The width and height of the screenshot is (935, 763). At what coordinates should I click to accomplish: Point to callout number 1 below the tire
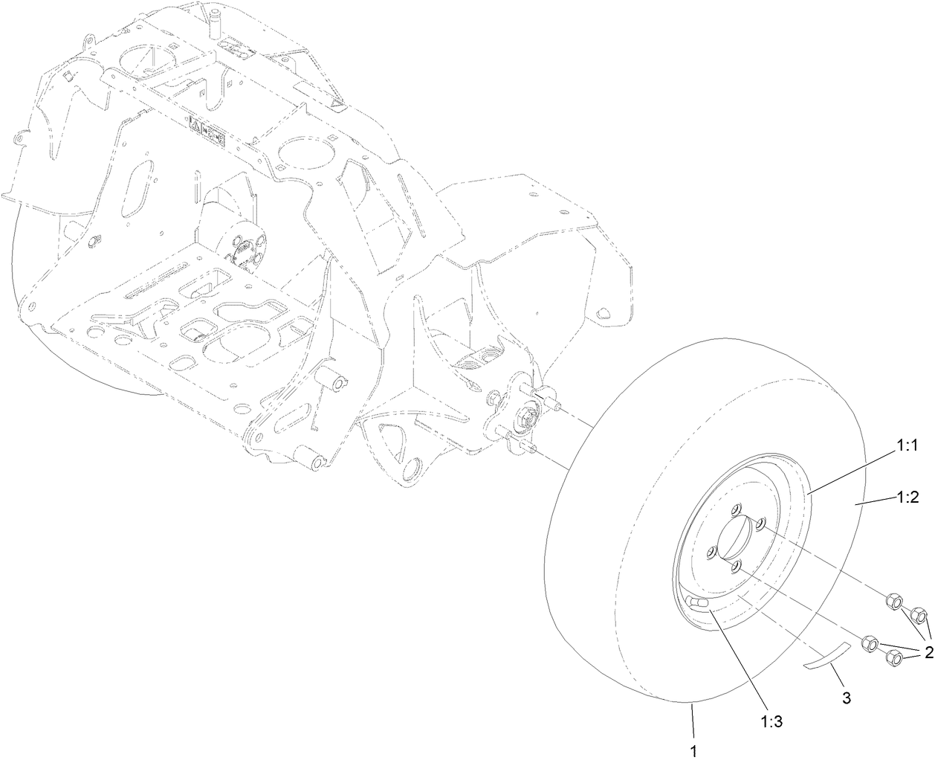(693, 752)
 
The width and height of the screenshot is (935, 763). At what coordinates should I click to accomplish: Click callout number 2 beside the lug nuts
(928, 653)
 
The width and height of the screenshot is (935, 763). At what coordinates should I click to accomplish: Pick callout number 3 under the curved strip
(847, 697)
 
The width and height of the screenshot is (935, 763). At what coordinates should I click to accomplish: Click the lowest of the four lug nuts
(895, 659)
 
